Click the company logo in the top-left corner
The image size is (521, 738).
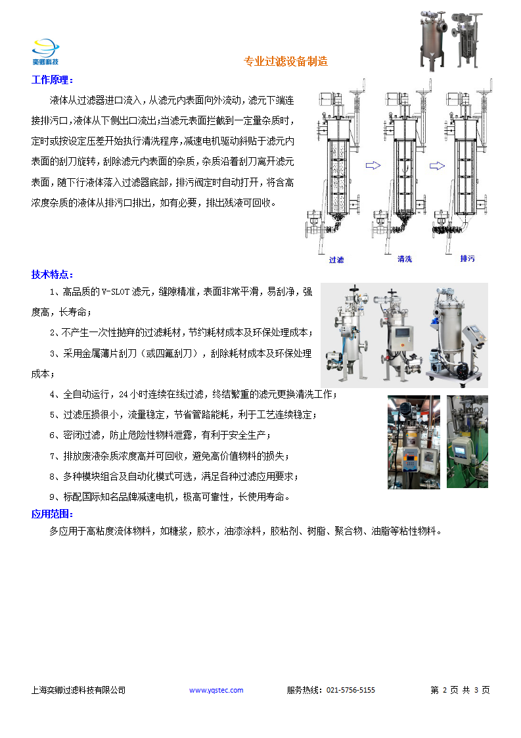point(45,52)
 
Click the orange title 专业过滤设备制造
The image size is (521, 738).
point(286,62)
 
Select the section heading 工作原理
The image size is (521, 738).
point(53,80)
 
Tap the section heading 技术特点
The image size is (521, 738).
point(53,274)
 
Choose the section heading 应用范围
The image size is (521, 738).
point(53,514)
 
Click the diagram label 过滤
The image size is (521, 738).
point(336,260)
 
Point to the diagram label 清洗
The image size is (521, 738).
point(405,259)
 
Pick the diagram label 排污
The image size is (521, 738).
point(468,258)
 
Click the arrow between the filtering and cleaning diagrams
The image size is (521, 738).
point(373,166)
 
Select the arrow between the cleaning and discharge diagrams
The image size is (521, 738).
point(436,166)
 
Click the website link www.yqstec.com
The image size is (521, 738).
point(216,690)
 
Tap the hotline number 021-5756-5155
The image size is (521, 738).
point(350,690)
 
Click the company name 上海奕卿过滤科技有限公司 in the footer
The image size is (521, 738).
point(78,690)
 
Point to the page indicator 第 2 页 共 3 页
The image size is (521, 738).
point(460,690)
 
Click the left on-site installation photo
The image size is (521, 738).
point(413,441)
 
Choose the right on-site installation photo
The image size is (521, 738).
point(467,441)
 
